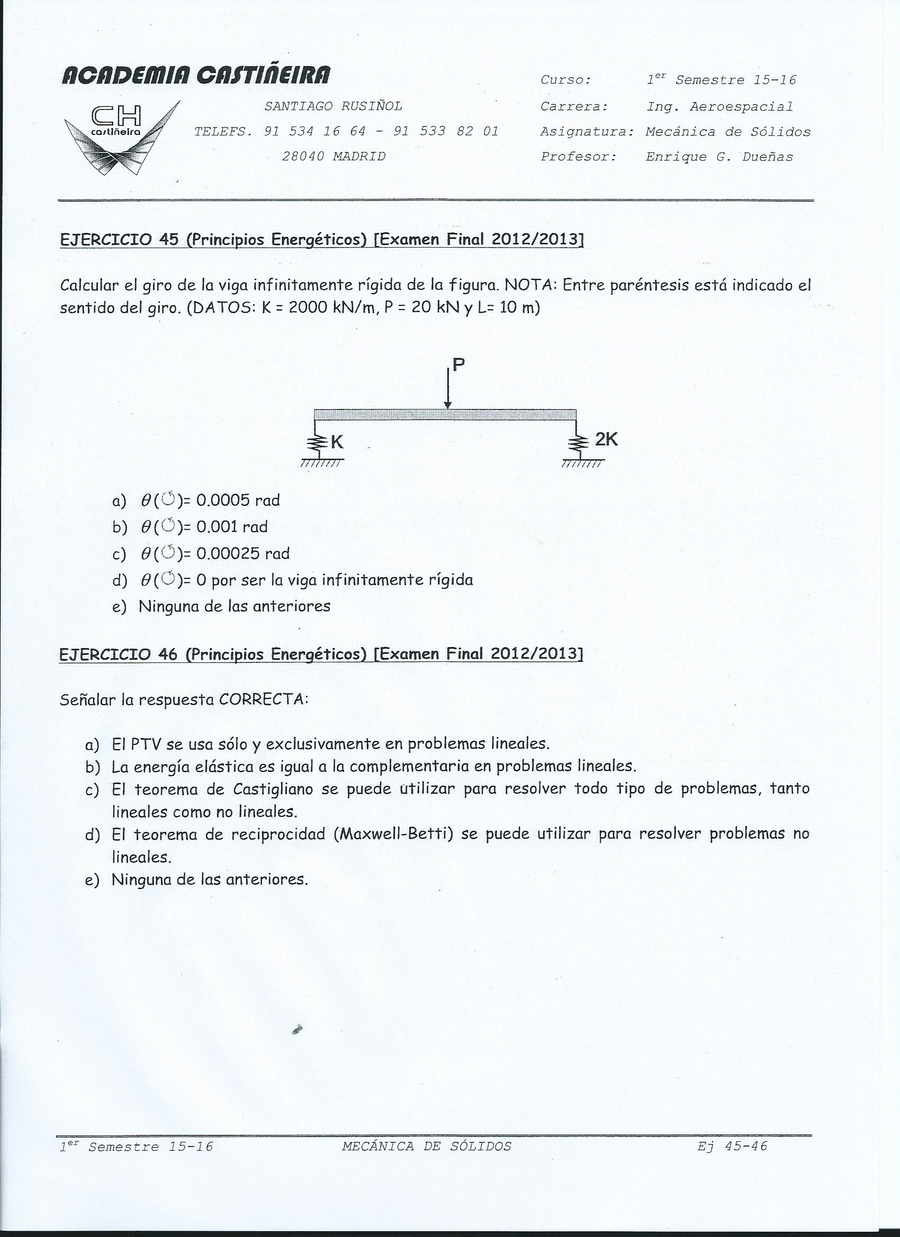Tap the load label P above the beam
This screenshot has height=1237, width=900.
tap(458, 365)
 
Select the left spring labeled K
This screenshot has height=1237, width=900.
tap(317, 442)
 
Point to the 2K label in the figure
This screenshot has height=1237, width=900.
tap(606, 439)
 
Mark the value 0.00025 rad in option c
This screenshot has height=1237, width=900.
tap(243, 553)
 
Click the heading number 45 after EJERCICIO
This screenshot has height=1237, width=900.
tap(169, 240)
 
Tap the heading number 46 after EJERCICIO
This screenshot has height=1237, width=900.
tap(169, 654)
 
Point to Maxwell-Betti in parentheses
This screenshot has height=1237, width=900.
tap(395, 834)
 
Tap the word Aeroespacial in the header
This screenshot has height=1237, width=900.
tap(741, 107)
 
